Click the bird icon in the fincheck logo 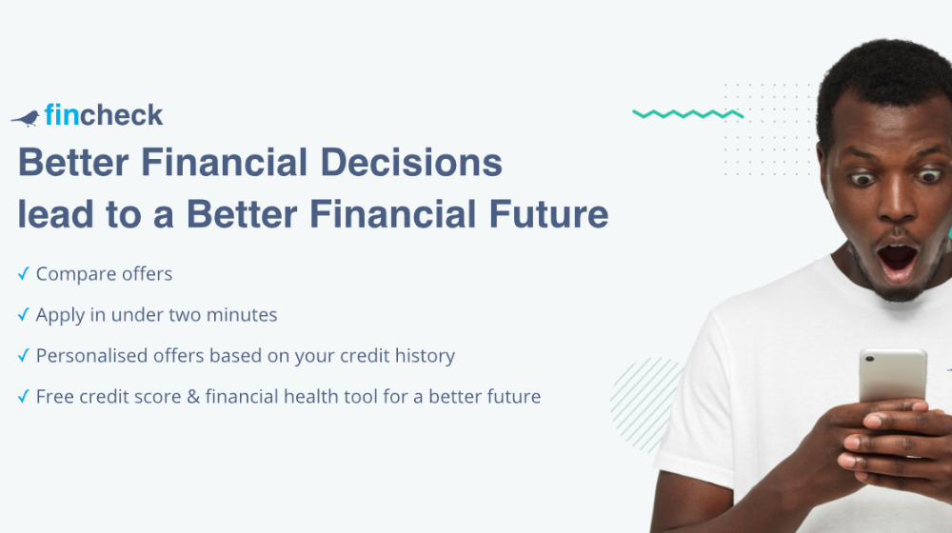(26, 118)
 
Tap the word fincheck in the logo (103, 115)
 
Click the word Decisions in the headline (411, 163)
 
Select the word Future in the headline (548, 214)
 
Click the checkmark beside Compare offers (23, 274)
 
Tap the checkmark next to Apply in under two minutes (23, 314)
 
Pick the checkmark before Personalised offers (23, 355)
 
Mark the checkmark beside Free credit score (23, 396)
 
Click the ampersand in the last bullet (193, 397)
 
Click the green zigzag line (688, 113)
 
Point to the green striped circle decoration (645, 405)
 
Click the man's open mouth (897, 263)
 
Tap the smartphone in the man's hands (893, 376)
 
